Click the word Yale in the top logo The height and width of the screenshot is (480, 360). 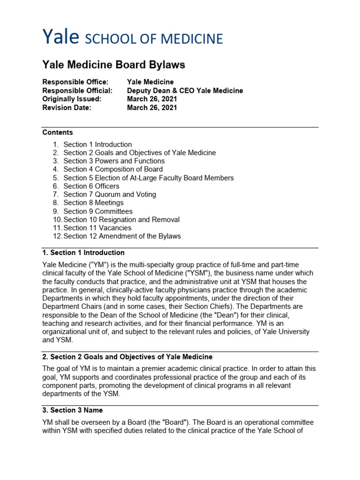tap(61, 37)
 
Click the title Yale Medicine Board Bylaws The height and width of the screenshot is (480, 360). tap(113, 65)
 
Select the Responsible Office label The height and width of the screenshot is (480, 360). tap(75, 82)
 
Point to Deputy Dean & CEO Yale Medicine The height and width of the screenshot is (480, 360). tap(185, 90)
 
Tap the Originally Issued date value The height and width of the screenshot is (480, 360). tap(152, 99)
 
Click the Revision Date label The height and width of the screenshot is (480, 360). tap(67, 107)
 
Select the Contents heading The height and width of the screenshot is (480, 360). tap(58, 133)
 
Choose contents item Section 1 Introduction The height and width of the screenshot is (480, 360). tap(97, 144)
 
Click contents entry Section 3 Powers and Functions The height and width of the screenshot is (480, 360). tap(114, 161)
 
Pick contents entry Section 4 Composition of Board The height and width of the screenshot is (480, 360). tap(113, 169)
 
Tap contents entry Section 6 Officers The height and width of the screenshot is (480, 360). tap(91, 186)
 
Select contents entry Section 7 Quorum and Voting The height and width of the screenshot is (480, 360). tap(110, 194)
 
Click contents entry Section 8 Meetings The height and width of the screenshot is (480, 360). tap(93, 202)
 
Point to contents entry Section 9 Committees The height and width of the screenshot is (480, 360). tap(98, 211)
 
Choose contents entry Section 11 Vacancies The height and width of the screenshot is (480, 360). tap(97, 228)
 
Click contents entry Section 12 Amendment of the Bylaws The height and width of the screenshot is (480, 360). tap(122, 236)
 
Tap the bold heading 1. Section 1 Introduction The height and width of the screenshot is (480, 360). tap(83, 253)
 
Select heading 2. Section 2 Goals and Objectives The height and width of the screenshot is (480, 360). tap(127, 357)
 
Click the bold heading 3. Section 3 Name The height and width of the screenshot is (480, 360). tap(72, 411)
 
